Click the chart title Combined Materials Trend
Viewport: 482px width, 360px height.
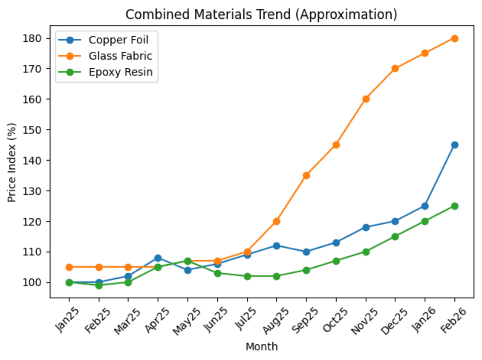pos(261,14)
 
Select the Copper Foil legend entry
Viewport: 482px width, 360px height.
pos(113,40)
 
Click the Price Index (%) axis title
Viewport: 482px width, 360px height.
pos(12,163)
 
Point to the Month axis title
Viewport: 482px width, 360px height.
pos(262,347)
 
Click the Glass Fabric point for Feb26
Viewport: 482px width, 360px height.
pos(454,38)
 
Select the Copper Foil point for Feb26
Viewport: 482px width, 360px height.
pos(454,145)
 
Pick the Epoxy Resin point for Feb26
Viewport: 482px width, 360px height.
pos(454,206)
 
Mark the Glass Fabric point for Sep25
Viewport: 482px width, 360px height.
pos(306,175)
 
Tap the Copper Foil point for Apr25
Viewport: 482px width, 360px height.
pos(158,258)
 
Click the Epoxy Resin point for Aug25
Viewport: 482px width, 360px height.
pos(276,276)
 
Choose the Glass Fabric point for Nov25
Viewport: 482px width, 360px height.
pos(366,99)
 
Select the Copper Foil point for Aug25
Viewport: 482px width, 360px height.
pos(276,246)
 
